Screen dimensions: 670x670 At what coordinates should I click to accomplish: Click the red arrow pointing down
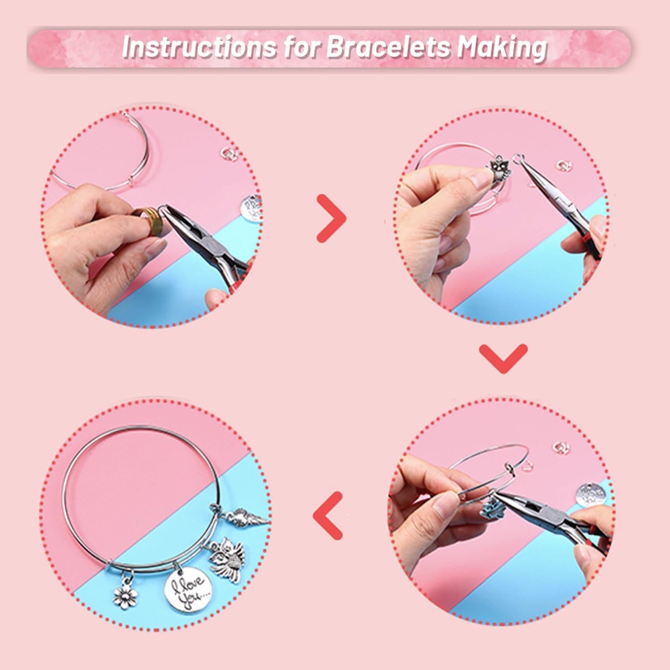[x=503, y=358]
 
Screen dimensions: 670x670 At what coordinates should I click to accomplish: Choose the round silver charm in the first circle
[x=251, y=207]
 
